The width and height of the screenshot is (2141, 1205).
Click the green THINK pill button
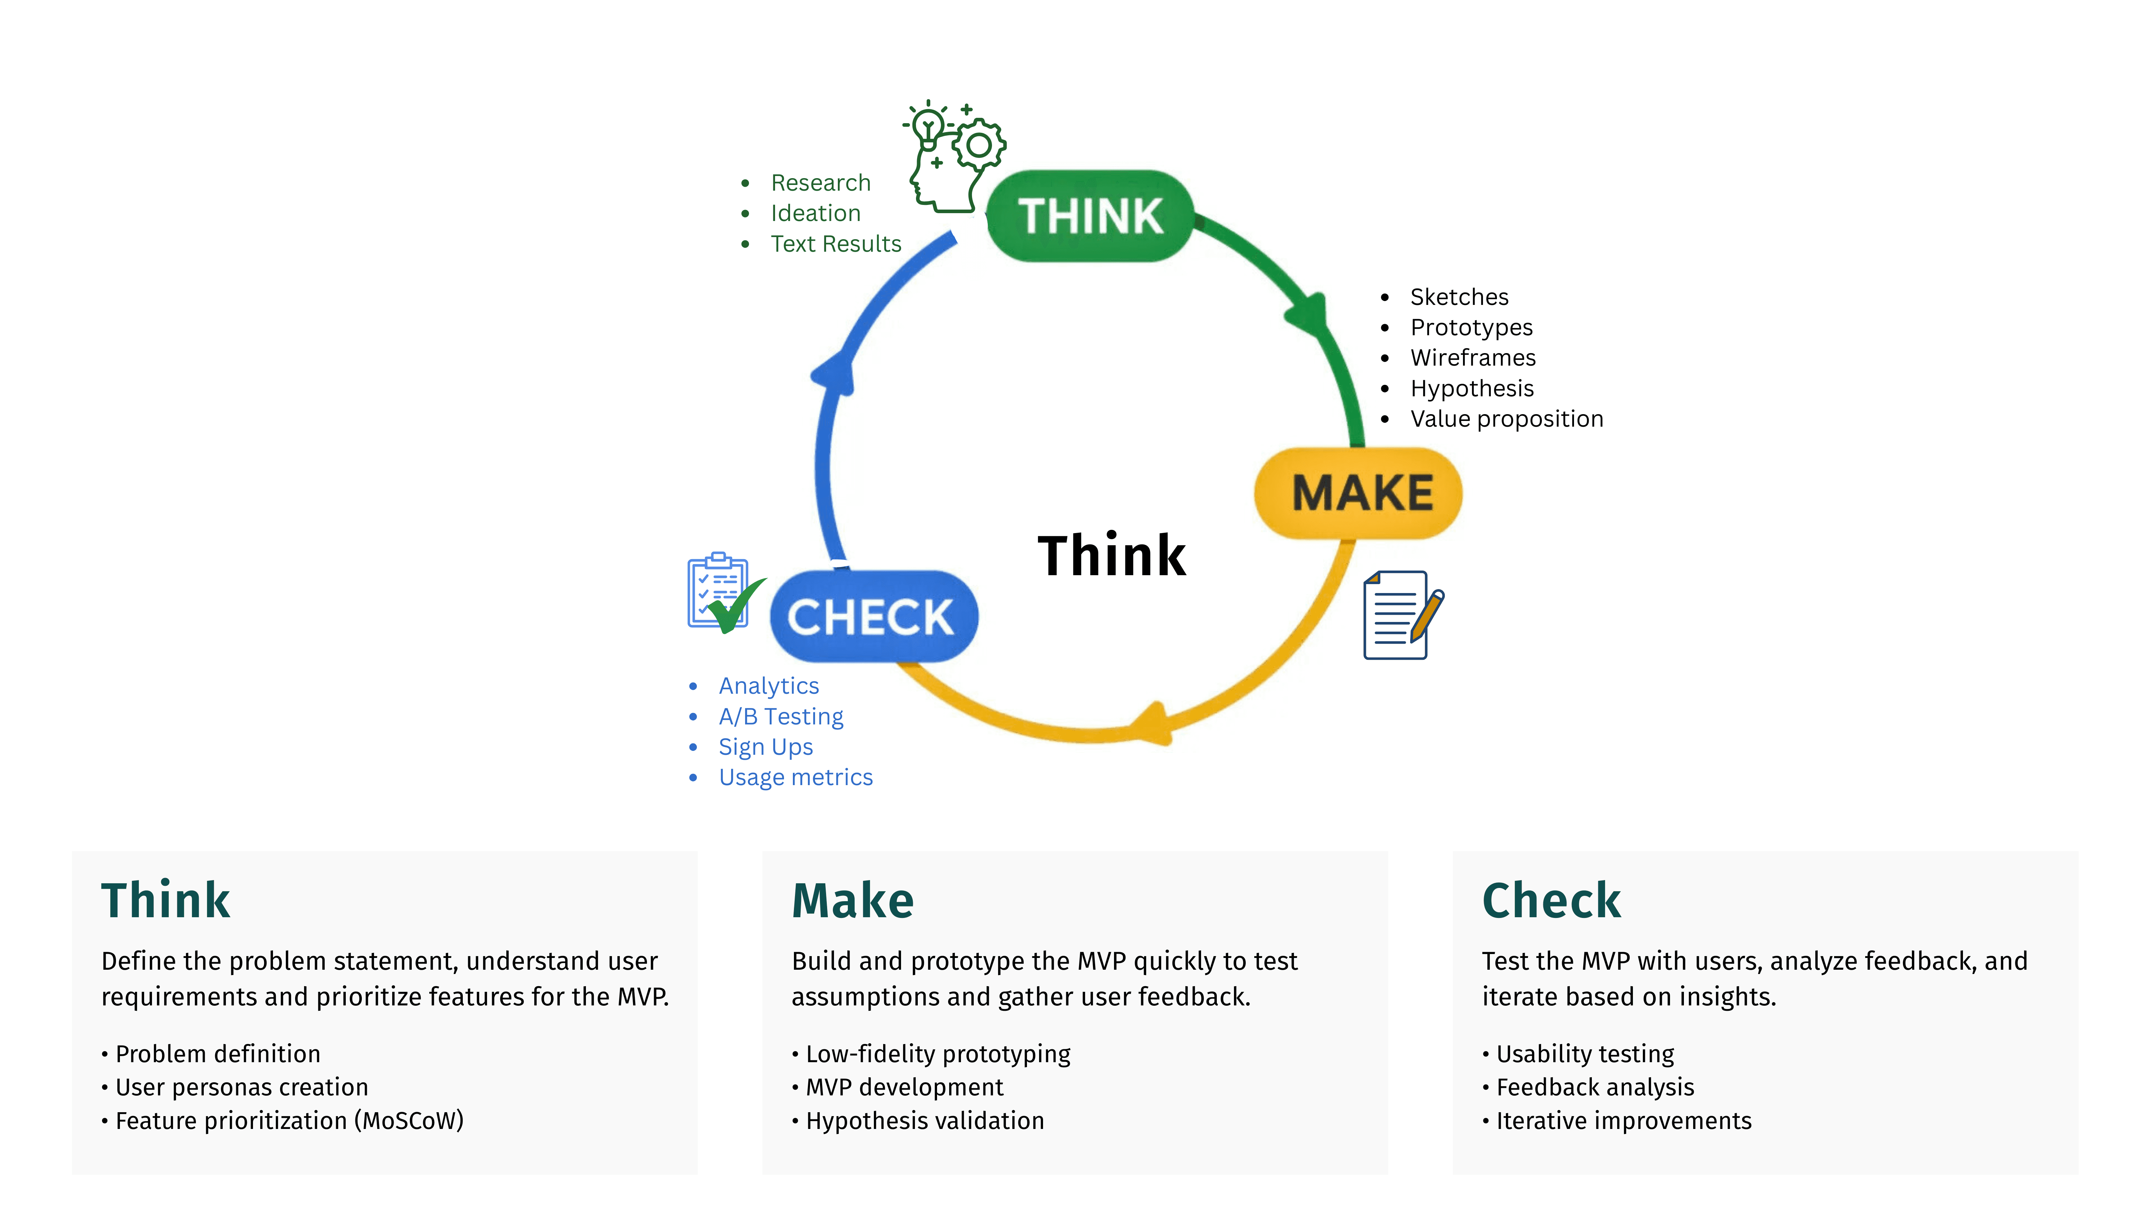[x=1090, y=216]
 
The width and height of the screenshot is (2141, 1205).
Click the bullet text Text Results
[x=835, y=243]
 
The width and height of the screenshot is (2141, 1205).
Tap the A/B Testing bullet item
[x=780, y=716]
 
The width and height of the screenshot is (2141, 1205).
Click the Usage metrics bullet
[x=795, y=778]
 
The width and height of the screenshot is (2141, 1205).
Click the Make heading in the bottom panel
[x=853, y=901]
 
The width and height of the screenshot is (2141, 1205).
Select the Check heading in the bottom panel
[x=1551, y=901]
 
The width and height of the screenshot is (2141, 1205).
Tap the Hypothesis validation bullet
[x=924, y=1121]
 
